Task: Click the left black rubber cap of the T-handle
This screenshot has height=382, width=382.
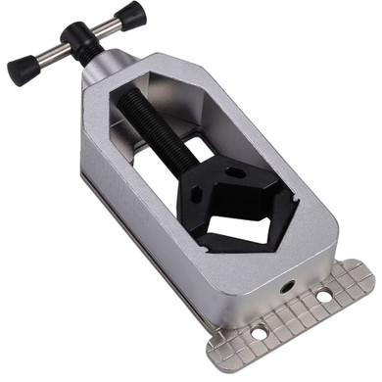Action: (x=21, y=70)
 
